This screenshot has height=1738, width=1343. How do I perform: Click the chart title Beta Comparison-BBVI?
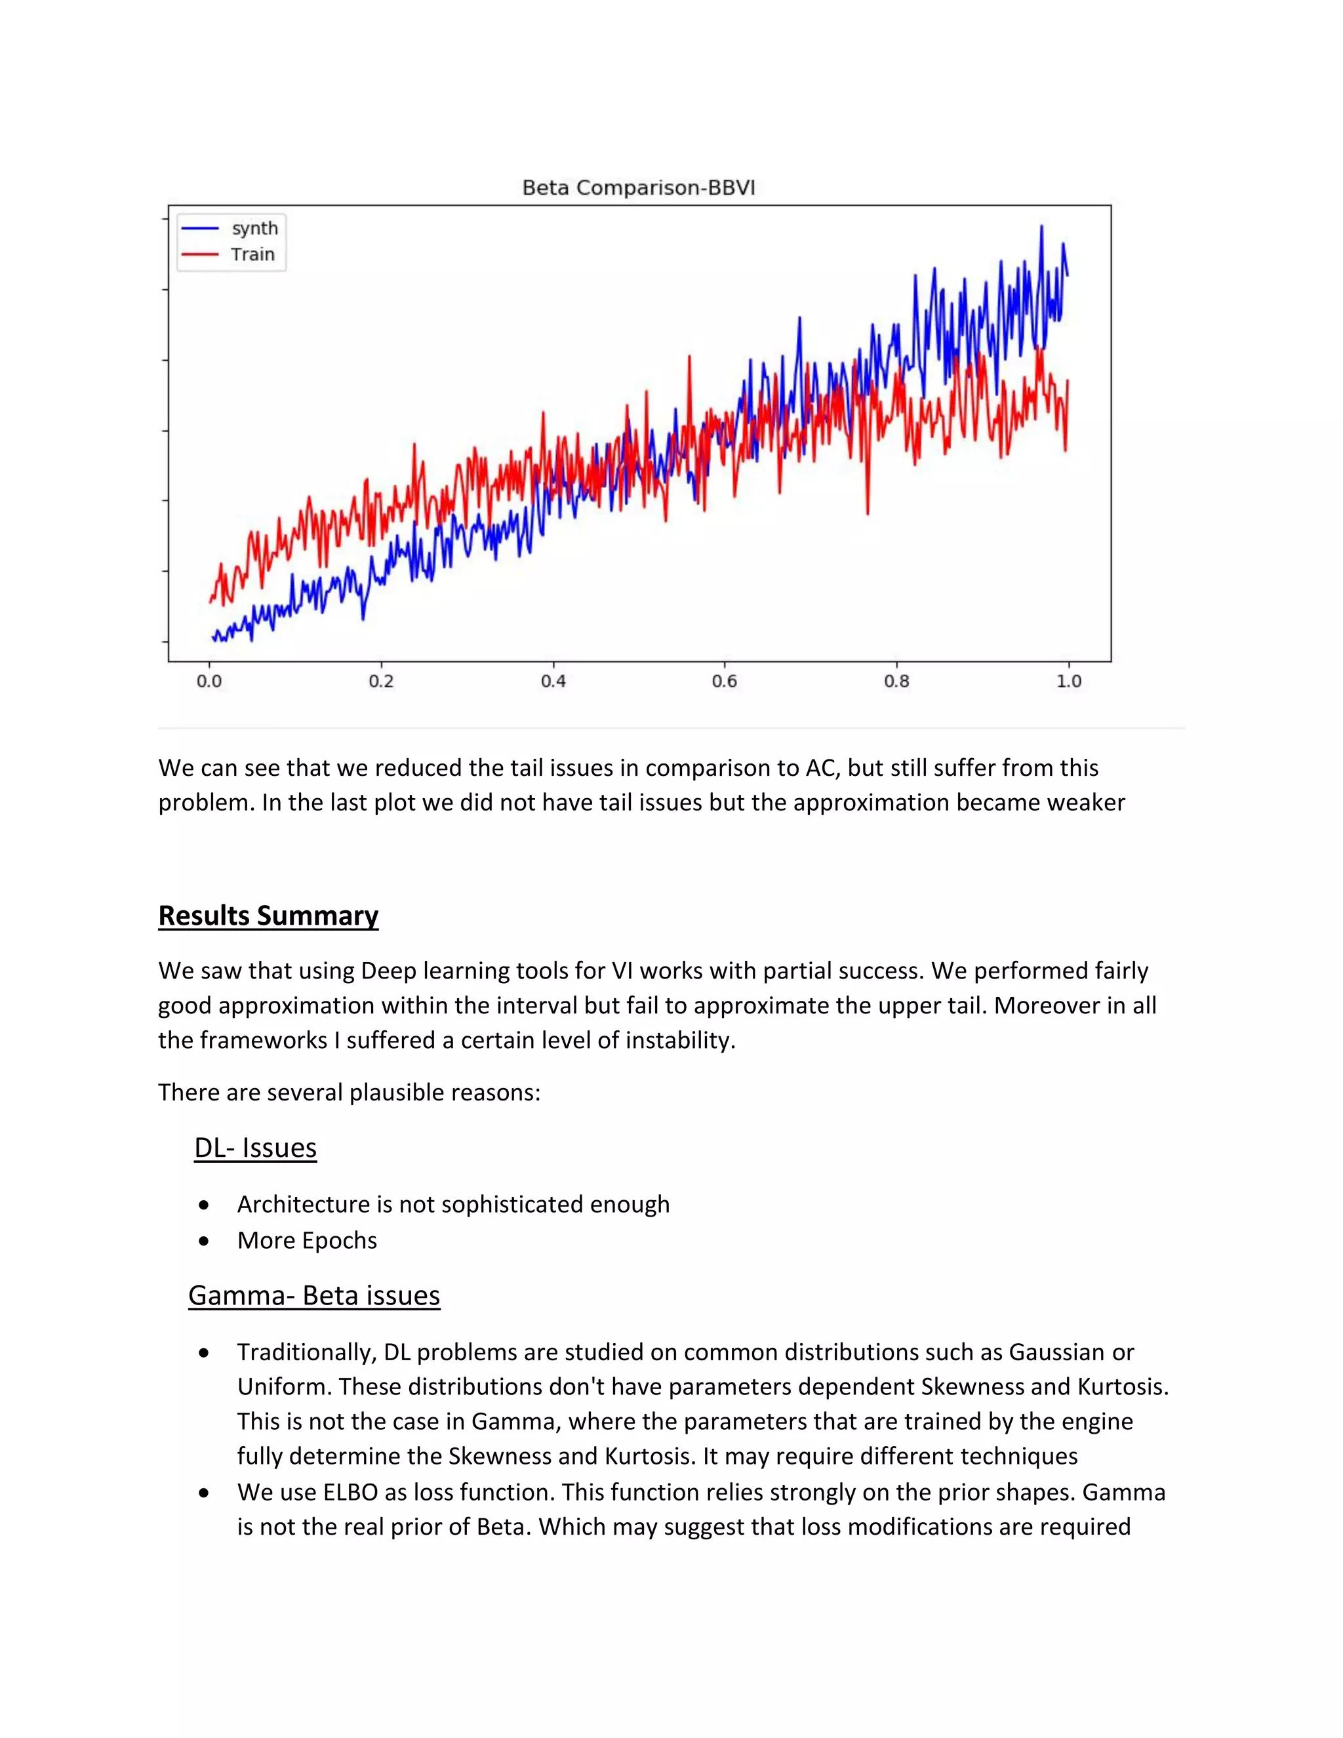[x=638, y=188]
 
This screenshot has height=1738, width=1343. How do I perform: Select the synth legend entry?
[x=254, y=228]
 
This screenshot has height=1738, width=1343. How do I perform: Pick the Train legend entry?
[x=252, y=254]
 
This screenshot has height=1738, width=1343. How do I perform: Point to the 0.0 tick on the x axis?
[x=209, y=681]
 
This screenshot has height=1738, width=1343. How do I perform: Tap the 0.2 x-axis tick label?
[x=381, y=681]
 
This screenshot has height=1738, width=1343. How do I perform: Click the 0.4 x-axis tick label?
[x=553, y=681]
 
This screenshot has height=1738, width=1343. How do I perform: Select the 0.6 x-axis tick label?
[x=724, y=681]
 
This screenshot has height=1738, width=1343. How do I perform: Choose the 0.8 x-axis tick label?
[x=896, y=681]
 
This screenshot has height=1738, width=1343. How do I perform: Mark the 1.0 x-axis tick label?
[x=1068, y=681]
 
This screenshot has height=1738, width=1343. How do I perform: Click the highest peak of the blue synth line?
[x=1041, y=227]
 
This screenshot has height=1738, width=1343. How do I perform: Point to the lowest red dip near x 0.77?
[x=867, y=512]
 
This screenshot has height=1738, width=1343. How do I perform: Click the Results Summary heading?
[x=268, y=915]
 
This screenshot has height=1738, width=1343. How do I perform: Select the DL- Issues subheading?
[x=255, y=1148]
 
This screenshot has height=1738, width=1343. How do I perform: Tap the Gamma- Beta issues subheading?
[x=314, y=1295]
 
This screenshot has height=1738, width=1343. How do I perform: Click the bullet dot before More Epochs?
[x=205, y=1241]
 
